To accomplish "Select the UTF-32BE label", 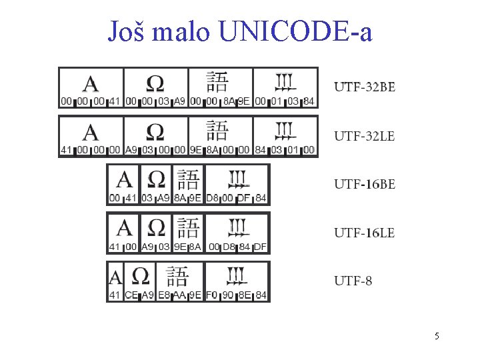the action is (x=364, y=87).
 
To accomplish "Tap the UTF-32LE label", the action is (x=364, y=136).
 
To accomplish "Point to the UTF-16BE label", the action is (x=364, y=185).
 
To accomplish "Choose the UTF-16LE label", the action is (x=364, y=233).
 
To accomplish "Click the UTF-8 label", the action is (x=353, y=281).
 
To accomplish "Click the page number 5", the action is (x=437, y=336).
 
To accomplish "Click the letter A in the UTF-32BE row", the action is (x=91, y=83).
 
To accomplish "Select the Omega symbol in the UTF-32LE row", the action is (x=155, y=132).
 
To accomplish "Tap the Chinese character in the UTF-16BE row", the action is (x=188, y=179).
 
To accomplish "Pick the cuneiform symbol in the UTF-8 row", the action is (x=238, y=275).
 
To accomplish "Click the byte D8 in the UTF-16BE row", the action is (x=212, y=198).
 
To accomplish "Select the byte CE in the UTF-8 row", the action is (x=131, y=295).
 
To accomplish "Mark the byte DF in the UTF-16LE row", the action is (x=261, y=247).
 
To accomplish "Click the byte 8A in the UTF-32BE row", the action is (x=228, y=102).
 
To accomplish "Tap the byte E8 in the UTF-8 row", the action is (x=164, y=295).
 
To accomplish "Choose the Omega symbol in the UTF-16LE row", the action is (x=156, y=228).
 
